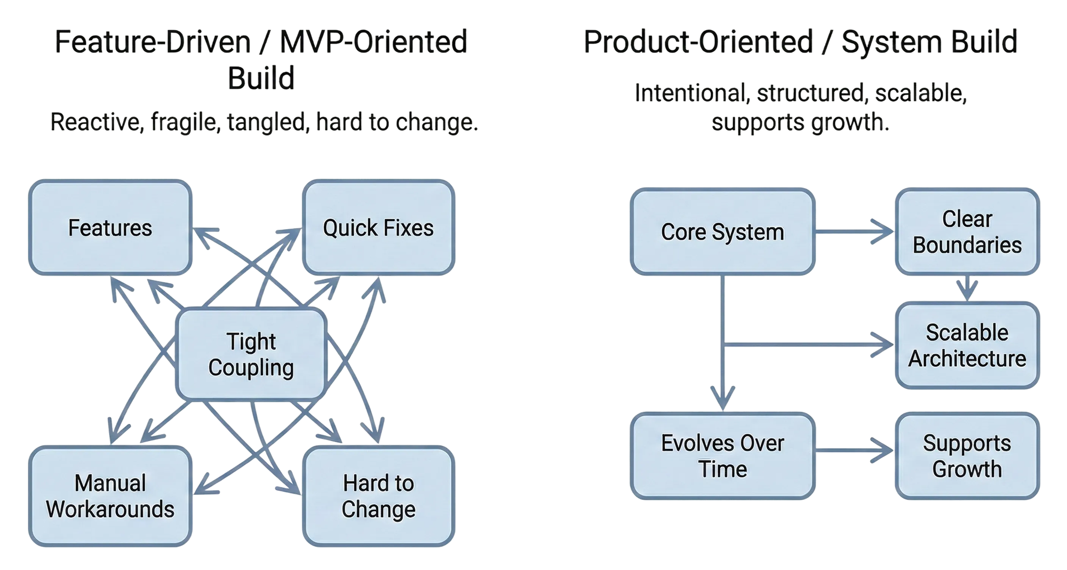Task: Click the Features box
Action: pos(110,228)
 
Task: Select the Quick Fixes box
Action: pos(378,228)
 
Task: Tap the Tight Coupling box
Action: pos(251,354)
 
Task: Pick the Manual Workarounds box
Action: pos(110,496)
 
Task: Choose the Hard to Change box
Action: pos(378,496)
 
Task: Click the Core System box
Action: pos(722,232)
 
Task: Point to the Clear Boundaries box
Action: pos(967,232)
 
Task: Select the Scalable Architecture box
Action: pos(967,345)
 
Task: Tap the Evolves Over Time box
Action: pos(722,456)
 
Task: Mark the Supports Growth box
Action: pos(967,456)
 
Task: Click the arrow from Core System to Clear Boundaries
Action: pos(854,232)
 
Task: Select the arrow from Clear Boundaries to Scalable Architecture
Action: pos(967,289)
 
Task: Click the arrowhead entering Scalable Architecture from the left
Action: pos(883,345)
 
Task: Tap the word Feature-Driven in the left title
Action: pos(153,42)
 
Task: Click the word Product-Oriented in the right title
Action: pos(698,42)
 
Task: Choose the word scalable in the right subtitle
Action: pos(921,93)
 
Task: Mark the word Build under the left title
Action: pos(261,78)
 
